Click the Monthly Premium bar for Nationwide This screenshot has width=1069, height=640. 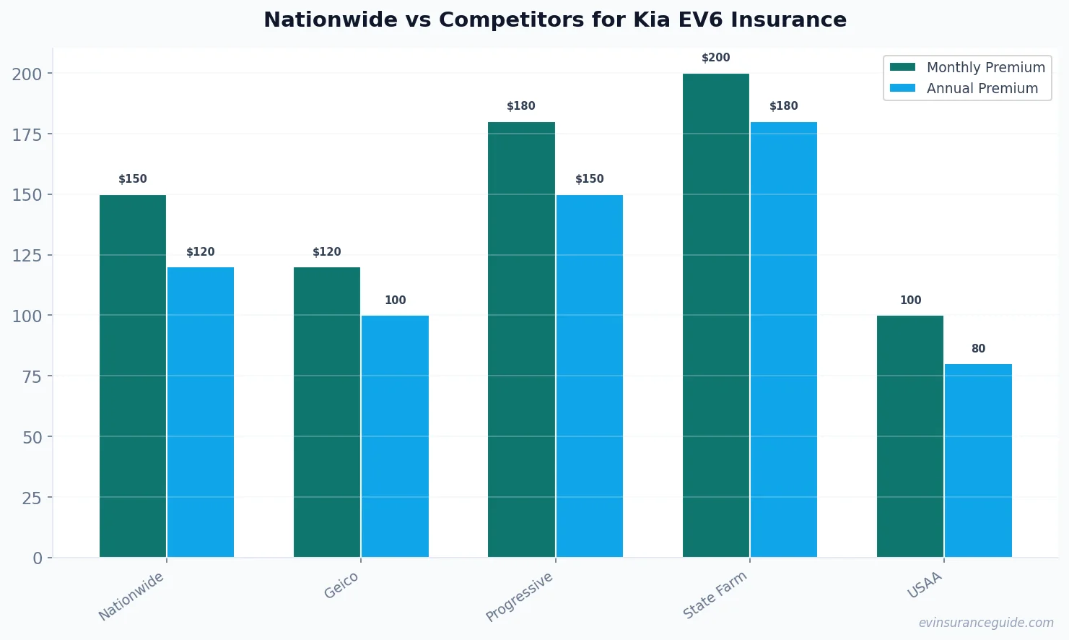[x=133, y=376]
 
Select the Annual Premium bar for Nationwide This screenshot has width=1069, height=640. [x=201, y=412]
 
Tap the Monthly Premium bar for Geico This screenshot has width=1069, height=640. [x=327, y=412]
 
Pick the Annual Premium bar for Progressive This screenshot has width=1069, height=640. [x=590, y=376]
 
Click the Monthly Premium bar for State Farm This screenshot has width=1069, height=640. [x=716, y=315]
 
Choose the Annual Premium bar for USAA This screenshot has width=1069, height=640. [x=978, y=460]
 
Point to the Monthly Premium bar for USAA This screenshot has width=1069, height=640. [x=910, y=436]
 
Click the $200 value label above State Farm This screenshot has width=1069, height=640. [x=716, y=58]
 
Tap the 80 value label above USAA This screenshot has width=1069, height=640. [x=978, y=349]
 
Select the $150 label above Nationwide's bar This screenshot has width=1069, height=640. [x=133, y=179]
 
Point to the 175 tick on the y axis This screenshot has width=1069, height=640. [x=27, y=134]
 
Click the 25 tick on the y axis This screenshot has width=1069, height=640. [x=31, y=498]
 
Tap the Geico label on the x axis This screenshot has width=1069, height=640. [x=341, y=586]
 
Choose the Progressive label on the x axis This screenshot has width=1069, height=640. [x=520, y=597]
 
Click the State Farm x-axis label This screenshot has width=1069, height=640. [x=715, y=595]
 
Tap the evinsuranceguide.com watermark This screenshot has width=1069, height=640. [x=986, y=623]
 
